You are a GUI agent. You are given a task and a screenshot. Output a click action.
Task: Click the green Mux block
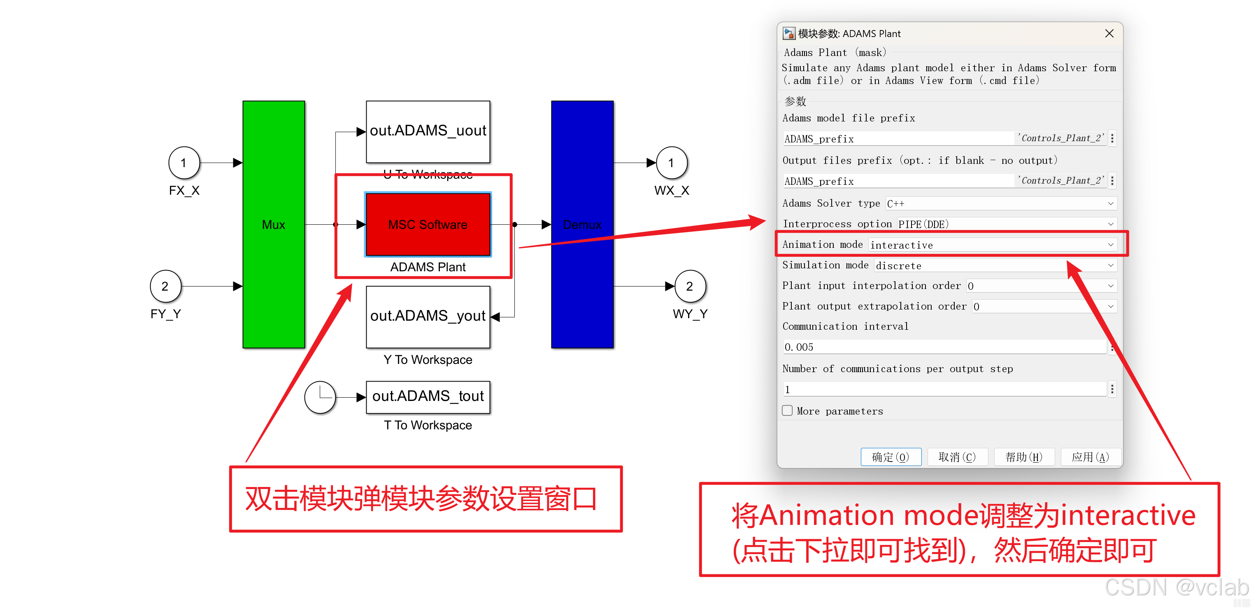pyautogui.click(x=273, y=224)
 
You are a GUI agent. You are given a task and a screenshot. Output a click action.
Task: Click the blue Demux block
pyautogui.click(x=582, y=224)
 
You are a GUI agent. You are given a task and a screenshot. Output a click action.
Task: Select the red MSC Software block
pyautogui.click(x=428, y=224)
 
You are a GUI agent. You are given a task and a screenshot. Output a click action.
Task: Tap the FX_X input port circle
pyautogui.click(x=184, y=163)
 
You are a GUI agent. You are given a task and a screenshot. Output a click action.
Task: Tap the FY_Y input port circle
pyautogui.click(x=165, y=286)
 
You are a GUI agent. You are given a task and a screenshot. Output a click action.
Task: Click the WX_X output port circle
pyautogui.click(x=671, y=163)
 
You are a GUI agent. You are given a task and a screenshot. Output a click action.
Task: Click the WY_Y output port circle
pyautogui.click(x=689, y=286)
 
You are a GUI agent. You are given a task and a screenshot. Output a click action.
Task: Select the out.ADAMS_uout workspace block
pyautogui.click(x=428, y=131)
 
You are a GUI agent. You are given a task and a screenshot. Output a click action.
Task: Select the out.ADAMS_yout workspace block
pyautogui.click(x=428, y=317)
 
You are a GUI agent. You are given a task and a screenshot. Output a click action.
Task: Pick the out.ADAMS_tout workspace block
pyautogui.click(x=428, y=397)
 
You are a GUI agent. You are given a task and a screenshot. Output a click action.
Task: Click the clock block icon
pyautogui.click(x=320, y=397)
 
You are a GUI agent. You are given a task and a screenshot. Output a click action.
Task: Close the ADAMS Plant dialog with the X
pyautogui.click(x=1109, y=33)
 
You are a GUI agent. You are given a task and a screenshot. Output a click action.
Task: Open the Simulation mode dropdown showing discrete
pyautogui.click(x=995, y=266)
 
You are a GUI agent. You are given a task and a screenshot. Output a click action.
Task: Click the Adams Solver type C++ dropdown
pyautogui.click(x=1000, y=203)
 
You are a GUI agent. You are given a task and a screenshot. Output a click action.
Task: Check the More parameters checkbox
pyautogui.click(x=787, y=411)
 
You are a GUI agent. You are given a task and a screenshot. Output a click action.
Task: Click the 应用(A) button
pyautogui.click(x=1090, y=457)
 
